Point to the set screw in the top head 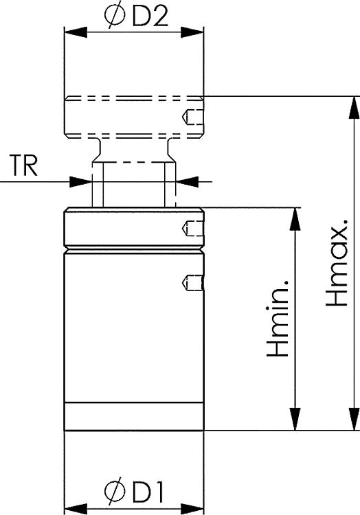(192, 118)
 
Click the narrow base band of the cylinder (133, 416)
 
